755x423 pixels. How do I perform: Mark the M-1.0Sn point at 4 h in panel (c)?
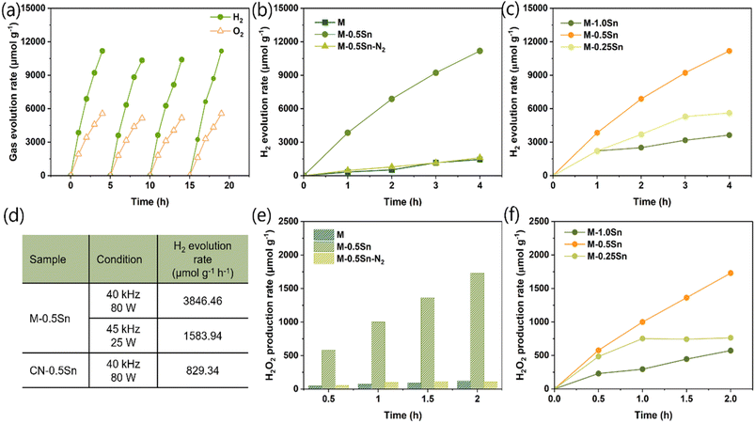point(731,134)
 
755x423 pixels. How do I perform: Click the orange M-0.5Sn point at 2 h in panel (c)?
point(641,99)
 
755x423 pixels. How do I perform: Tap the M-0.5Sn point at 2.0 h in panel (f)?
point(731,273)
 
